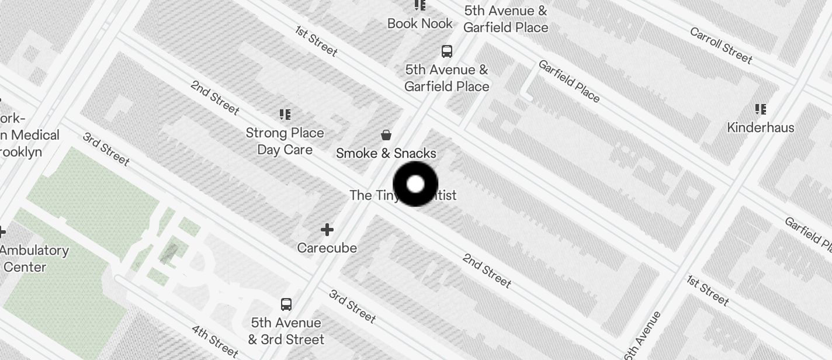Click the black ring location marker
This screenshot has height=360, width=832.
pyautogui.click(x=415, y=184)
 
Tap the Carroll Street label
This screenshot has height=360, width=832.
pyautogui.click(x=721, y=45)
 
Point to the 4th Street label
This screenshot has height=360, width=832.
pyautogui.click(x=215, y=341)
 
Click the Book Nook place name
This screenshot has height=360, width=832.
pyautogui.click(x=420, y=24)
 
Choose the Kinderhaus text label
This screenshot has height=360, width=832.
pyautogui.click(x=760, y=127)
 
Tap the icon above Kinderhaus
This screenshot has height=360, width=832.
pyautogui.click(x=760, y=109)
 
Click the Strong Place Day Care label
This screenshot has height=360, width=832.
pyautogui.click(x=285, y=141)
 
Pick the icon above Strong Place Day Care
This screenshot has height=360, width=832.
pyautogui.click(x=285, y=115)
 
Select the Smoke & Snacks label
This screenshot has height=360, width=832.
pyautogui.click(x=386, y=153)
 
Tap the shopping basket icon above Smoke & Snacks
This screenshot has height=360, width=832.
pyautogui.click(x=386, y=136)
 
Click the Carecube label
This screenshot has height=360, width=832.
pyautogui.click(x=327, y=248)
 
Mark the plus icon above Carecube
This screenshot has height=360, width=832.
pyautogui.click(x=327, y=230)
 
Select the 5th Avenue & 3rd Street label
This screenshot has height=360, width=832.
pyautogui.click(x=286, y=331)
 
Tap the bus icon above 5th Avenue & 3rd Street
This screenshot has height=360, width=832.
pyautogui.click(x=286, y=304)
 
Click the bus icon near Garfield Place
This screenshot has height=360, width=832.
pyautogui.click(x=447, y=51)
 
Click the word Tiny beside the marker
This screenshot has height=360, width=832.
pyautogui.click(x=386, y=195)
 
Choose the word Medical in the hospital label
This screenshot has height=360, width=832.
pyautogui.click(x=35, y=135)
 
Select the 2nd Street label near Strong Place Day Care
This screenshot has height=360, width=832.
pyautogui.click(x=215, y=96)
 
